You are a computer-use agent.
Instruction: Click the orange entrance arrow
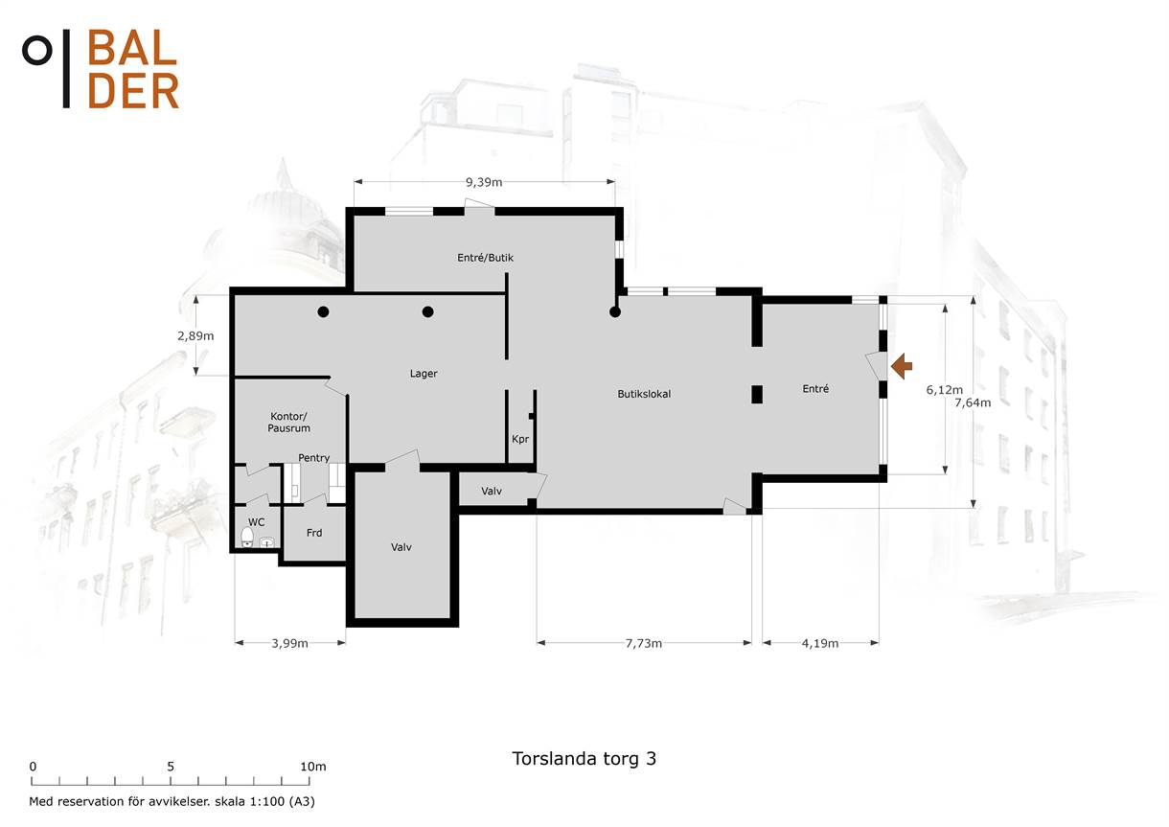click(902, 366)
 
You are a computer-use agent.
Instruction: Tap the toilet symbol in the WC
click(247, 537)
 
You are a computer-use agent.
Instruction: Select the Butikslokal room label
click(644, 394)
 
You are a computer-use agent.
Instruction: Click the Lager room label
click(424, 374)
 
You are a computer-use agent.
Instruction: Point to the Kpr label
click(520, 439)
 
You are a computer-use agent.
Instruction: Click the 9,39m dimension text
click(484, 182)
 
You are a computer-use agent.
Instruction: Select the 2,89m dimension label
click(195, 336)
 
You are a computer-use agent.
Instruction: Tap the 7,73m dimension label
click(644, 643)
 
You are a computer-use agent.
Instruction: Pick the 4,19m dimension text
click(820, 643)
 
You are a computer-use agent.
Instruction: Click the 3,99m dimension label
click(289, 643)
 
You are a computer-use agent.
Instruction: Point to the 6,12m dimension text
click(944, 390)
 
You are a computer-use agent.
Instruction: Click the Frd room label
click(314, 533)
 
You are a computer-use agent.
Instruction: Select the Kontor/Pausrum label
click(289, 422)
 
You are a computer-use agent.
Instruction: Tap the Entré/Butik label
click(486, 258)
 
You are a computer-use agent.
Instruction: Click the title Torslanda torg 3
click(584, 759)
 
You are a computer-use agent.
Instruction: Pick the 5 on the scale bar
click(171, 767)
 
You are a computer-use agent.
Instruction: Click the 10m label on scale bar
click(313, 767)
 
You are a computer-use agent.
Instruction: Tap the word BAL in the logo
click(132, 48)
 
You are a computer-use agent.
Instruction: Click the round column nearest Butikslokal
click(615, 312)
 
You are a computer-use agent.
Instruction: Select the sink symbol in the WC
click(267, 542)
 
